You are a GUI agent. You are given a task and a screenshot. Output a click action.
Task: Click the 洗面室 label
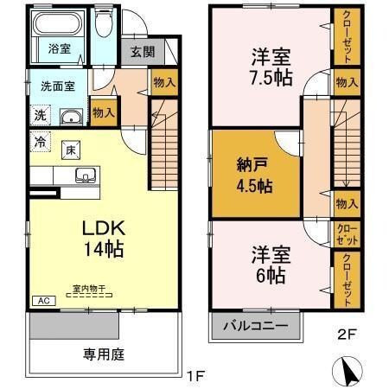click(59, 86)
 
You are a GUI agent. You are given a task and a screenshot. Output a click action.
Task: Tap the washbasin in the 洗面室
click(72, 118)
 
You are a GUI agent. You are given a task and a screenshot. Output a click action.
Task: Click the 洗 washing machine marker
click(41, 116)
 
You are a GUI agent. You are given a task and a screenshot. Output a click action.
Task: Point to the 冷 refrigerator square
click(40, 140)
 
